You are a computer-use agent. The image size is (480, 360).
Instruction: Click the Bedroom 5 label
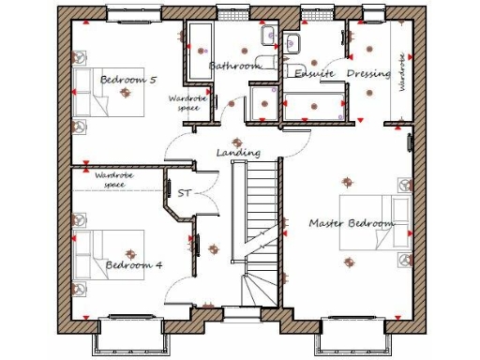click(127, 80)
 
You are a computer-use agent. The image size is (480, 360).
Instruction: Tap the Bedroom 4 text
click(133, 265)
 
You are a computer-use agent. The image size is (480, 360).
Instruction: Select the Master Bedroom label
click(352, 224)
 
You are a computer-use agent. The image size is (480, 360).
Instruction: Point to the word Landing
click(238, 153)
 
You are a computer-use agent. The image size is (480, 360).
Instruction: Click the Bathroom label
click(233, 67)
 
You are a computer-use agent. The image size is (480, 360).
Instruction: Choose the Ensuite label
click(310, 73)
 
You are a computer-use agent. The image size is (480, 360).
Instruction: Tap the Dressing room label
click(368, 73)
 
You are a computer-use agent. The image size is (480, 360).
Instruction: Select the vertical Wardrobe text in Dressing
click(401, 71)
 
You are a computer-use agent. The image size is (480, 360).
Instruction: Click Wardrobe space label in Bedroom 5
click(185, 102)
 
